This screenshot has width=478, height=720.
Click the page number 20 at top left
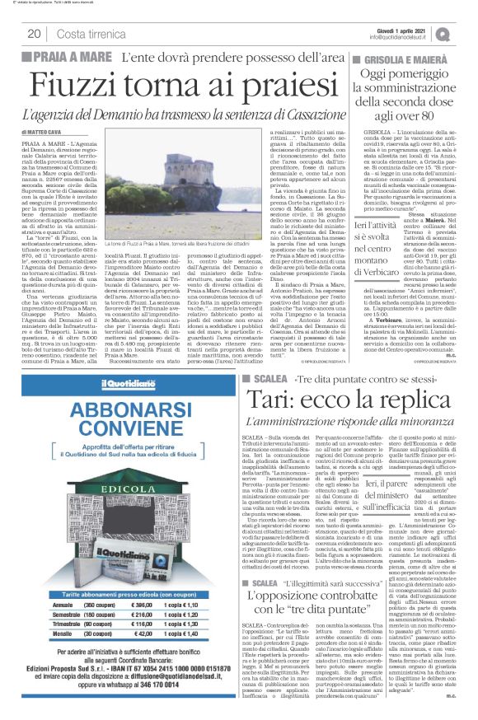click(x=35, y=34)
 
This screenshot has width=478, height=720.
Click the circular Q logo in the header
click(x=467, y=33)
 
